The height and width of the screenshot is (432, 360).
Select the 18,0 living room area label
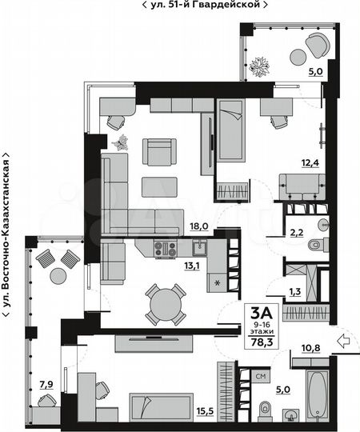[200, 226]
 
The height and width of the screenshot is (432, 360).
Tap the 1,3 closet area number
[294, 291]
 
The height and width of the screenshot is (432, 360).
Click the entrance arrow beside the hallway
[345, 342]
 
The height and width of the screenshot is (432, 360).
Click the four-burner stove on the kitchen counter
[166, 249]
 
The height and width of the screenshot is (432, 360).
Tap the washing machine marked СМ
[261, 374]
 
